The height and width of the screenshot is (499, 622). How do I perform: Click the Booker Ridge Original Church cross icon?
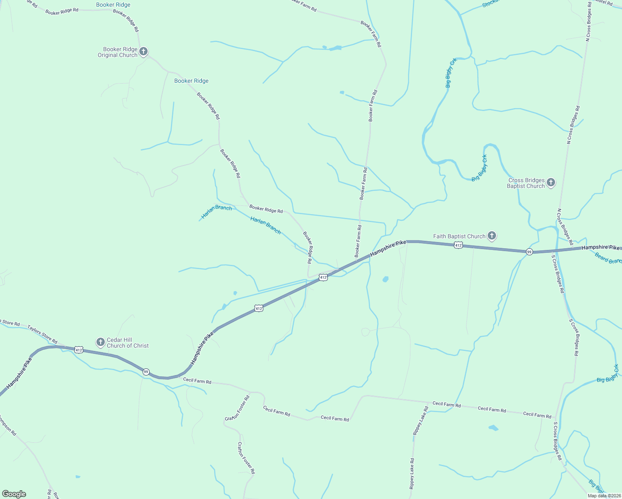pos(143,52)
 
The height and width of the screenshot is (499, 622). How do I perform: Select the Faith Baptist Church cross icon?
pos(491,236)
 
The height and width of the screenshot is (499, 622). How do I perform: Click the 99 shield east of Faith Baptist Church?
pos(529,252)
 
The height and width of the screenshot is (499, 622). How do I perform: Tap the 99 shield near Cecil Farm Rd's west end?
pos(146,371)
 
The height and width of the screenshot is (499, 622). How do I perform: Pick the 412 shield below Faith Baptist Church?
pos(458,245)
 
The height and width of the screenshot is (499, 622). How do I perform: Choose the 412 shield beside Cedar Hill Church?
pos(79,350)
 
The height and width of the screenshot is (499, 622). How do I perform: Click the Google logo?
pos(14,494)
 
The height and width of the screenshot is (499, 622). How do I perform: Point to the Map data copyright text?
pos(604,495)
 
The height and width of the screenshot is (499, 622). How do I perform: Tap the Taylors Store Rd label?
pos(42,333)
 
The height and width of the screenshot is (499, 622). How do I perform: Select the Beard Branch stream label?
pos(608,258)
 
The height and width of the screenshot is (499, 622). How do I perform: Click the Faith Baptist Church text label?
pos(459,236)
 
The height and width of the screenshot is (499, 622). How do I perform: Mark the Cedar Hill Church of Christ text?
pos(127,343)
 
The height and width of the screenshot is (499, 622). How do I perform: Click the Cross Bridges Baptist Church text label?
pos(526,183)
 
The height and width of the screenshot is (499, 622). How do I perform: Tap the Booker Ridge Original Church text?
pos(118,52)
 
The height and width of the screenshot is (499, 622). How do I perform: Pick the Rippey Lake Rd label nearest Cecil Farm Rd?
pos(420,421)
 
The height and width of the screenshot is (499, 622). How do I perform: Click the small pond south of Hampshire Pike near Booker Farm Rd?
pos(385,279)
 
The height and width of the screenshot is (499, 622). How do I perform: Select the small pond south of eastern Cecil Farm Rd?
pos(493,427)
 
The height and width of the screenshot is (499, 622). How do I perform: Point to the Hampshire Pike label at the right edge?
pos(600,247)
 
